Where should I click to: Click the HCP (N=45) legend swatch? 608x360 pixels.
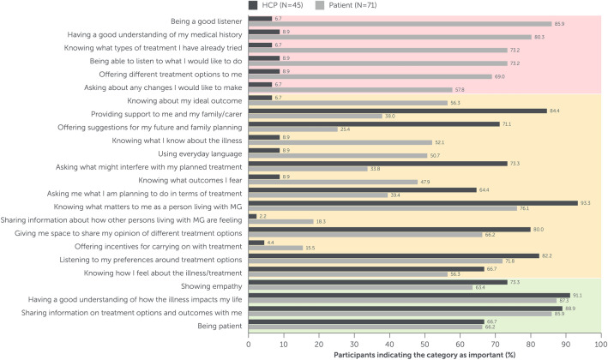click(254, 5)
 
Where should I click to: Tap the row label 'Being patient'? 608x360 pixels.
click(218, 325)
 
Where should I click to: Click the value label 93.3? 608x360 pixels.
click(586, 203)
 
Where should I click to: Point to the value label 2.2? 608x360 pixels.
click(264, 216)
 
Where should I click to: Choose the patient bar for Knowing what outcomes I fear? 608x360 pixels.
click(333, 182)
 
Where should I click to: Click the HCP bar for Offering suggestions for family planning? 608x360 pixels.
click(373, 124)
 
